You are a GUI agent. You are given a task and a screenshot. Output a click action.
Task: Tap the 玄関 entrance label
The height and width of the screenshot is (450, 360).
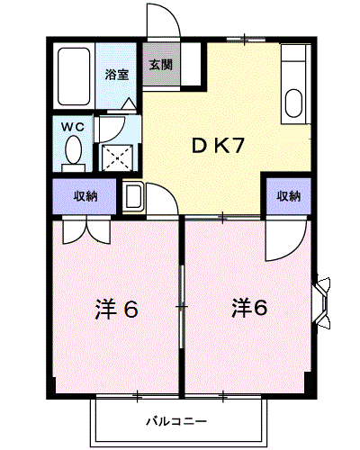tap(161, 65)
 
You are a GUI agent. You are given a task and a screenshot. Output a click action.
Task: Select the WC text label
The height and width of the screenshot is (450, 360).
tap(72, 128)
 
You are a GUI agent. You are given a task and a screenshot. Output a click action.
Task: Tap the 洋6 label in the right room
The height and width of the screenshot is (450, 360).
tap(248, 308)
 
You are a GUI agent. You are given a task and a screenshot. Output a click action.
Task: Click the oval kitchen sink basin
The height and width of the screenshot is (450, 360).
tap(293, 102)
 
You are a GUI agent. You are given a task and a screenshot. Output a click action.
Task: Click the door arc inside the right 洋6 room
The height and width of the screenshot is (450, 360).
tap(285, 241)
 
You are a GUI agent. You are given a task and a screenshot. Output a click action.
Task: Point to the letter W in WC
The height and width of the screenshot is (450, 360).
tap(67, 128)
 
